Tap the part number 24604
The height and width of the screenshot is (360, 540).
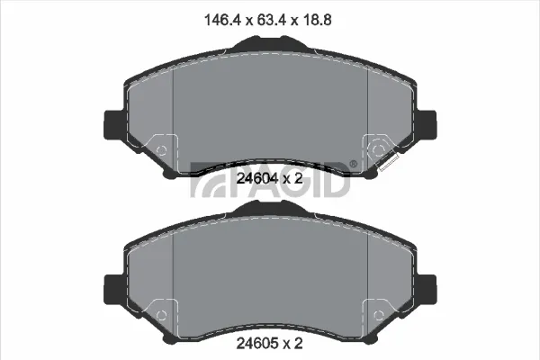[257, 178]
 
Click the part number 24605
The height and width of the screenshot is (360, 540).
[257, 343]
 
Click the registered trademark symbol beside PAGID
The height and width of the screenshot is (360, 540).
[354, 165]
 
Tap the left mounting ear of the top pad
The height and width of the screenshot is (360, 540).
[113, 125]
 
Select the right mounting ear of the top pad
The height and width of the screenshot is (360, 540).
[427, 125]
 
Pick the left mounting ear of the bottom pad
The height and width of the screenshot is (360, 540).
[113, 290]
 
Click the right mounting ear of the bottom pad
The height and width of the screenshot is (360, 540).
[427, 290]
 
